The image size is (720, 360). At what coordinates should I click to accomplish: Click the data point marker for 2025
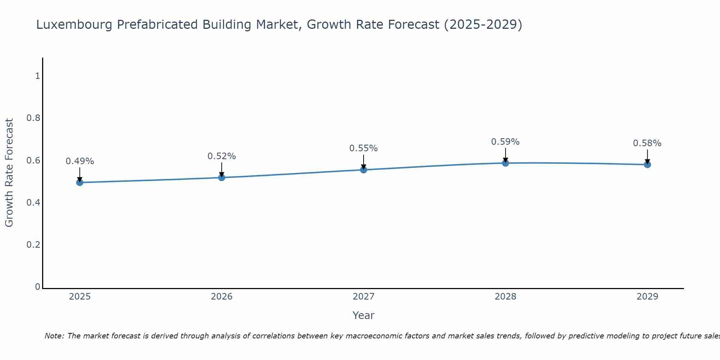pos(80,183)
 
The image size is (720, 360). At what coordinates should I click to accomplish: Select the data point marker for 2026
pos(221,177)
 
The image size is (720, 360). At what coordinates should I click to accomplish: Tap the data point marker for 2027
pos(364,170)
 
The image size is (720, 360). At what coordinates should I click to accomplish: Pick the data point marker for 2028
pos(505,163)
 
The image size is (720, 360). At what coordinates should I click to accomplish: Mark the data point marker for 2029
pos(647,165)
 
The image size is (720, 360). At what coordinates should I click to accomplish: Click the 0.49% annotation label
pos(80,161)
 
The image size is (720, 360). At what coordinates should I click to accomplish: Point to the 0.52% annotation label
pos(221,156)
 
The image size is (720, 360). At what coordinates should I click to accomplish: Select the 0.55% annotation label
pos(364,148)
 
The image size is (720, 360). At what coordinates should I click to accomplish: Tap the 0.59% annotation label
pos(505,142)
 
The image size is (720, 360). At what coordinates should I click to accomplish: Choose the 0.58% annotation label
pos(647,143)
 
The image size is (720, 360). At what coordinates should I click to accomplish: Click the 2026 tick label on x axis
pos(221,297)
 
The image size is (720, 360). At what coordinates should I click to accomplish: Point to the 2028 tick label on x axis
pos(505,297)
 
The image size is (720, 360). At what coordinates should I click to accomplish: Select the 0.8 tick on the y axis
pos(33,118)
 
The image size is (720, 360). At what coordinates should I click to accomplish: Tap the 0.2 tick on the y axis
pos(33,245)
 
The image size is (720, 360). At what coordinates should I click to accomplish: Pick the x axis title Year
pos(364,315)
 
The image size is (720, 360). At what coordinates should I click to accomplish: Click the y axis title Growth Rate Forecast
pos(9,173)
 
